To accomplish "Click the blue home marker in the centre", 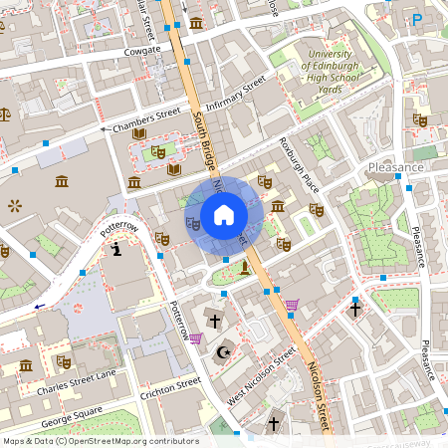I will coord(224,214).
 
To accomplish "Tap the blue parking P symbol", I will coord(417,19).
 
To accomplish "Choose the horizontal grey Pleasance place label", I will coord(395,167).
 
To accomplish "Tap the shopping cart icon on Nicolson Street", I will coord(292,305).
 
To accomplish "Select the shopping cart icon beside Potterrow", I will coord(196,338).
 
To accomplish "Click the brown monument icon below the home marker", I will coord(244,266).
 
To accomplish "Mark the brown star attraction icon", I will coord(15,206).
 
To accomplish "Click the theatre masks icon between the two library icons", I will coord(156,152).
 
